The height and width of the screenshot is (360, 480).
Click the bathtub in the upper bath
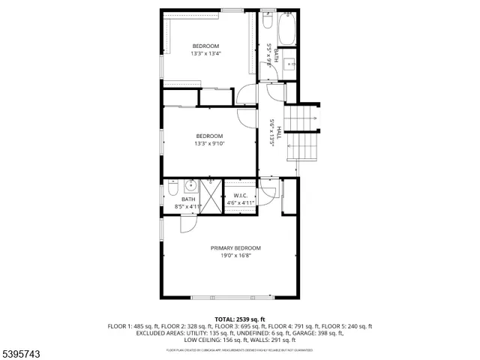[x=286, y=31]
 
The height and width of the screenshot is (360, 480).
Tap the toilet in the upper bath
[x=267, y=23]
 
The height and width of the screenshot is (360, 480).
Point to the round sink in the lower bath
[x=190, y=186]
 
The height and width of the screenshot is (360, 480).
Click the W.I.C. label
[x=240, y=196]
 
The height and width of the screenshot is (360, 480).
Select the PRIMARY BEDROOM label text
[x=235, y=248]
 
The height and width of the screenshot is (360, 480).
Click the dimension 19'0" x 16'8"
[x=235, y=256]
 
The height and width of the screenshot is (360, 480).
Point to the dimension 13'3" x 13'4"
[x=206, y=53]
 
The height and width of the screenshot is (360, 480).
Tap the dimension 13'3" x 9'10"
[x=209, y=143]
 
